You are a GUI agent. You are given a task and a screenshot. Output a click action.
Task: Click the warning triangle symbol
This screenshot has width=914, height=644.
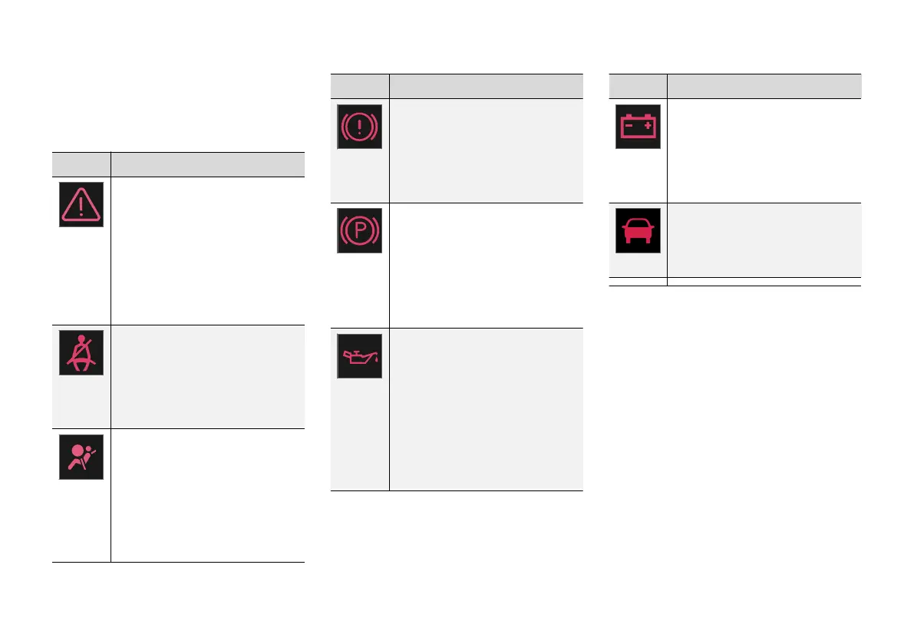(x=81, y=204)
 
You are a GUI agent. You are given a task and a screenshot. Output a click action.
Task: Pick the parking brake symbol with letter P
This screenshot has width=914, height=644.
(x=359, y=230)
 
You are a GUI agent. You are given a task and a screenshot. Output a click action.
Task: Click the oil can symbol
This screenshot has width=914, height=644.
(x=359, y=356)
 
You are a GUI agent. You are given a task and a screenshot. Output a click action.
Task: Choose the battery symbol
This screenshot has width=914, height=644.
(x=638, y=125)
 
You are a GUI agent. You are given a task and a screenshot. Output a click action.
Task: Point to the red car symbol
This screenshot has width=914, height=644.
(x=638, y=230)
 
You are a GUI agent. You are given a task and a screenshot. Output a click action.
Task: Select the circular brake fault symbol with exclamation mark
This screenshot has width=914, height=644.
(x=359, y=125)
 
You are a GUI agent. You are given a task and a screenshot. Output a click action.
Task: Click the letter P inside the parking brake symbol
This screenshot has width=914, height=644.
(x=359, y=230)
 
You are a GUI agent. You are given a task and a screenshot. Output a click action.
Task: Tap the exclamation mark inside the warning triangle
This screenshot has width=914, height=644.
(x=81, y=207)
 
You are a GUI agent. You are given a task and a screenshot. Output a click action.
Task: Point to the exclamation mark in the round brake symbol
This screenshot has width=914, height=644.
(x=359, y=125)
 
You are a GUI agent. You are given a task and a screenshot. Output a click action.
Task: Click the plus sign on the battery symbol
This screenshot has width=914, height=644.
(x=648, y=123)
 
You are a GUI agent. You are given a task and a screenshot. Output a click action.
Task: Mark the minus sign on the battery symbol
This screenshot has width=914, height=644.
(x=629, y=123)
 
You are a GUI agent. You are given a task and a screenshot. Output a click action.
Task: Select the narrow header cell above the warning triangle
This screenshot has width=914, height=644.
(x=81, y=164)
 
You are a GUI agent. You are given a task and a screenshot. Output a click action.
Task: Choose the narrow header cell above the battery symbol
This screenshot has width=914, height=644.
(x=638, y=85)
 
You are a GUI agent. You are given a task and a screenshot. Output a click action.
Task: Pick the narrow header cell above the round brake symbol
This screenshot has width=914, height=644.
(x=359, y=85)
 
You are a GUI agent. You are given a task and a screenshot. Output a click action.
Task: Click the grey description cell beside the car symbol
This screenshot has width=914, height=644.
(x=764, y=239)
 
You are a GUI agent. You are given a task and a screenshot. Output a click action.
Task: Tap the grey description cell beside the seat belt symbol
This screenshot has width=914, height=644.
(x=207, y=376)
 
